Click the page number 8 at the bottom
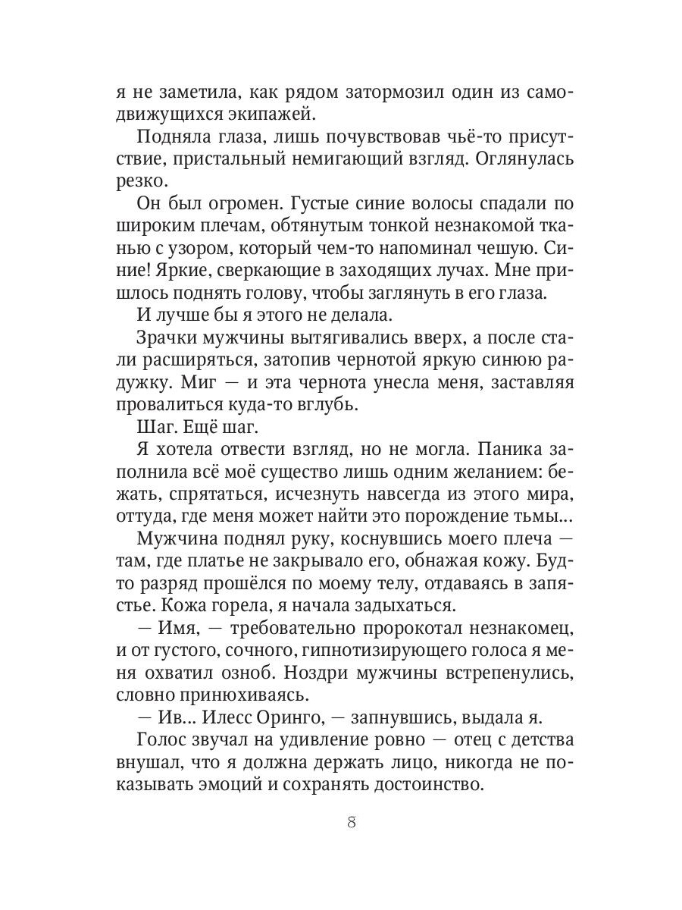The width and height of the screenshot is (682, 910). click(350, 824)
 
